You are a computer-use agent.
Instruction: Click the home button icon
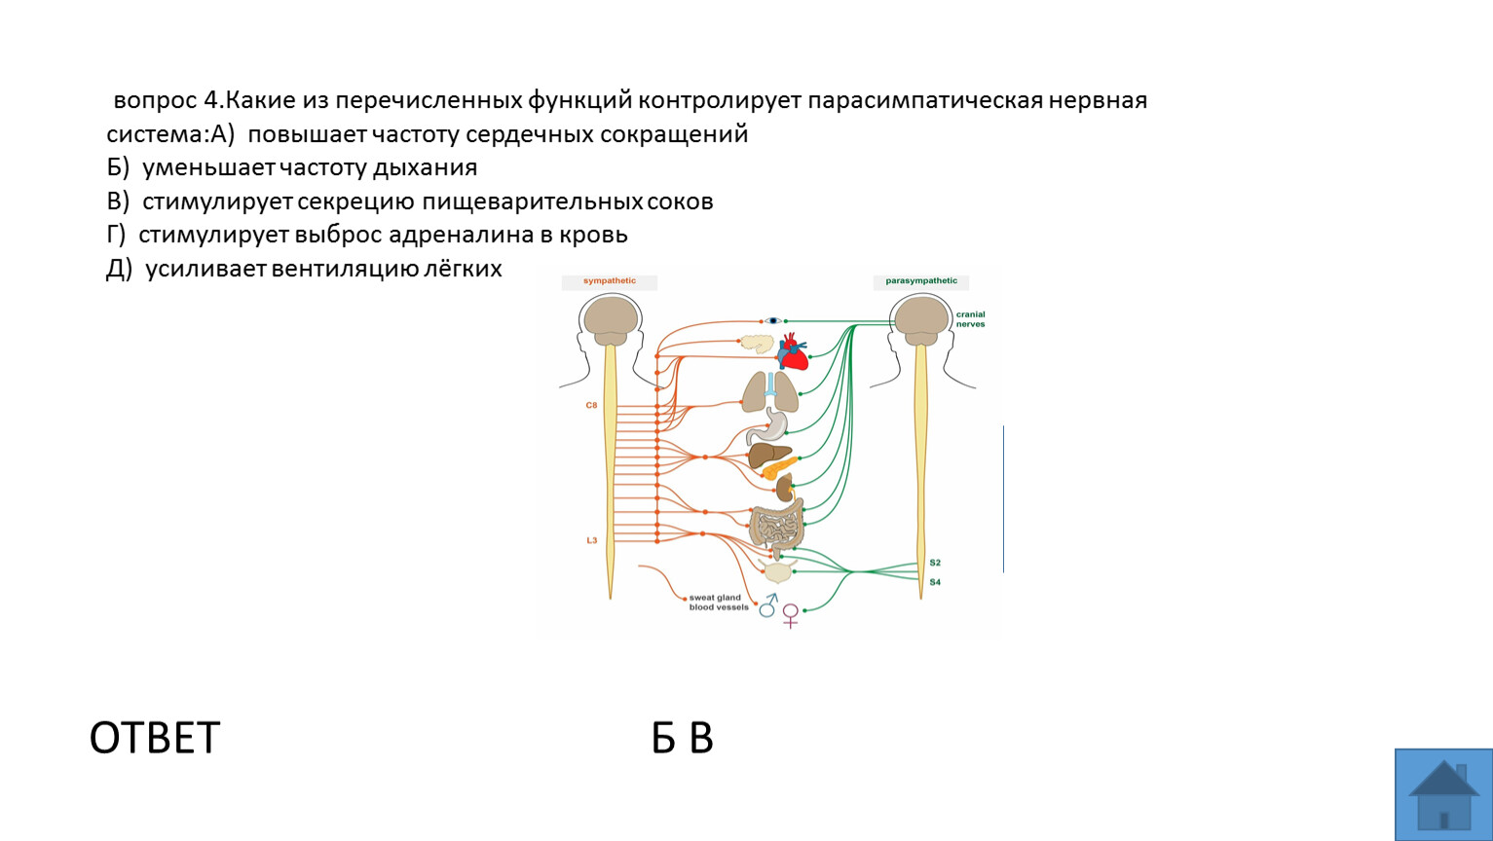pyautogui.click(x=1443, y=795)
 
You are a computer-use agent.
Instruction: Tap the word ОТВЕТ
pyautogui.click(x=155, y=738)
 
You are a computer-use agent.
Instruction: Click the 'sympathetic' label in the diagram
pyautogui.click(x=610, y=280)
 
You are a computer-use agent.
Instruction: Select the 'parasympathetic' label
pyautogui.click(x=921, y=280)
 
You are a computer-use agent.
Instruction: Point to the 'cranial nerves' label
pyautogui.click(x=970, y=319)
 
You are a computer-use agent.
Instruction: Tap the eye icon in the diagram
pyautogui.click(x=773, y=320)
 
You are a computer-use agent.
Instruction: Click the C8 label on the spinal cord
pyautogui.click(x=591, y=405)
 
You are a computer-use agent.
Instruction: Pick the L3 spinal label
pyautogui.click(x=591, y=540)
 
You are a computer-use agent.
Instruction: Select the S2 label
pyautogui.click(x=935, y=563)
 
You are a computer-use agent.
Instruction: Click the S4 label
pyautogui.click(x=935, y=582)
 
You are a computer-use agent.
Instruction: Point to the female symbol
pyautogui.click(x=791, y=616)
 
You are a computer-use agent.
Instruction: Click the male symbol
pyautogui.click(x=768, y=605)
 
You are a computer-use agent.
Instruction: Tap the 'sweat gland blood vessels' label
pyautogui.click(x=719, y=603)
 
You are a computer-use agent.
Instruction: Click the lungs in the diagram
pyautogui.click(x=770, y=392)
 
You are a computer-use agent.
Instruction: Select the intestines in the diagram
pyautogui.click(x=776, y=527)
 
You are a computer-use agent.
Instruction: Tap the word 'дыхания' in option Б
pyautogui.click(x=425, y=168)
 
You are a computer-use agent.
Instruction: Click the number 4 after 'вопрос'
pyautogui.click(x=210, y=100)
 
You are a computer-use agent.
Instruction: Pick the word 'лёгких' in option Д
pyautogui.click(x=463, y=269)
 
